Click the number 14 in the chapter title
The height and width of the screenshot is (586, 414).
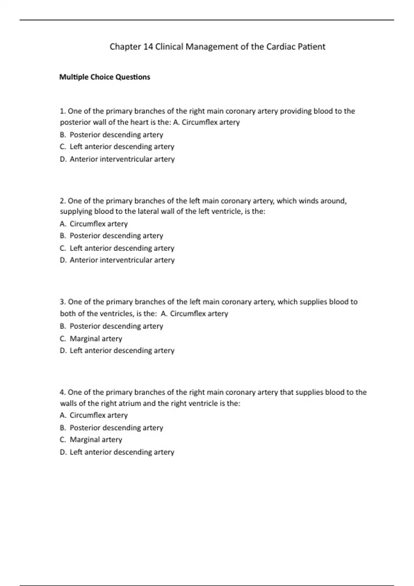(148, 47)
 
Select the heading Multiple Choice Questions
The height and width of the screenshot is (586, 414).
(105, 77)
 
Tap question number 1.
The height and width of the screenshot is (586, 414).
(62, 111)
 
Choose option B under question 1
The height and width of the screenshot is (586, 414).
(111, 134)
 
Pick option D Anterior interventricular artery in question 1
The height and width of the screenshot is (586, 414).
(117, 159)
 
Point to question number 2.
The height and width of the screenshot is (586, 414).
(62, 201)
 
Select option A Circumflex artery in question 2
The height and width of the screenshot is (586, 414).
(93, 224)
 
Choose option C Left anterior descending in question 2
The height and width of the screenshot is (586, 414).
(117, 248)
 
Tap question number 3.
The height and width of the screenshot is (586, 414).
(62, 302)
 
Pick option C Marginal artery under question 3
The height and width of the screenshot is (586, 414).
(91, 339)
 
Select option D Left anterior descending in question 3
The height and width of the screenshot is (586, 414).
(117, 350)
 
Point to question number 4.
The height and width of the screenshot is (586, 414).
(62, 392)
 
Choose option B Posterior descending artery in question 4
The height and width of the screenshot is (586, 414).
(111, 427)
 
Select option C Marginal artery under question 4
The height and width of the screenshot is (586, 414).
(91, 439)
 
